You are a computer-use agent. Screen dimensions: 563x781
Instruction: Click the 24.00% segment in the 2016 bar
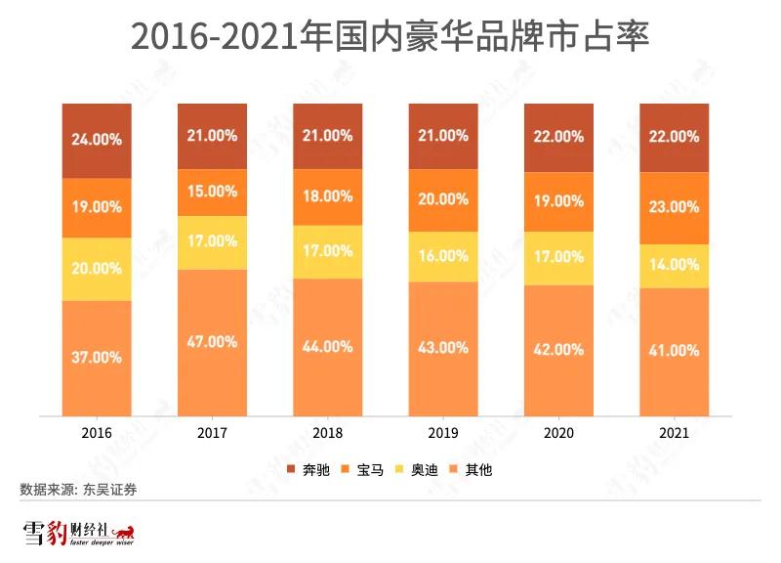click(x=97, y=140)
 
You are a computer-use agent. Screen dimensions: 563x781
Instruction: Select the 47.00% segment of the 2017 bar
click(x=212, y=341)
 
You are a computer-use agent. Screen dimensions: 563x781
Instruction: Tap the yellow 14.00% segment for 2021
click(x=675, y=265)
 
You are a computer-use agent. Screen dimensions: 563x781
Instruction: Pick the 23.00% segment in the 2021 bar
click(x=675, y=207)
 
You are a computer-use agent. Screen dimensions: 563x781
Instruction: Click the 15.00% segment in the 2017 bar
click(x=212, y=191)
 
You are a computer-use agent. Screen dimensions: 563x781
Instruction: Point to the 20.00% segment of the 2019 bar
click(x=443, y=199)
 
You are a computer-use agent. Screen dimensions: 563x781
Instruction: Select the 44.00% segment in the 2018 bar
click(x=327, y=347)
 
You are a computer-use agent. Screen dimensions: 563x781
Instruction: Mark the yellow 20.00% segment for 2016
click(x=97, y=268)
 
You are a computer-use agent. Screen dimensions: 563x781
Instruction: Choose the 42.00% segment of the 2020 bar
click(x=558, y=350)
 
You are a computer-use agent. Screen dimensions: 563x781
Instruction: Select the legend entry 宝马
click(x=363, y=470)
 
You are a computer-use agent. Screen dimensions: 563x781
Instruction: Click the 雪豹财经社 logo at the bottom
click(x=79, y=533)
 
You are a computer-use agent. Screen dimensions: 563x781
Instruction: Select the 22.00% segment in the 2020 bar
click(x=558, y=137)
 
